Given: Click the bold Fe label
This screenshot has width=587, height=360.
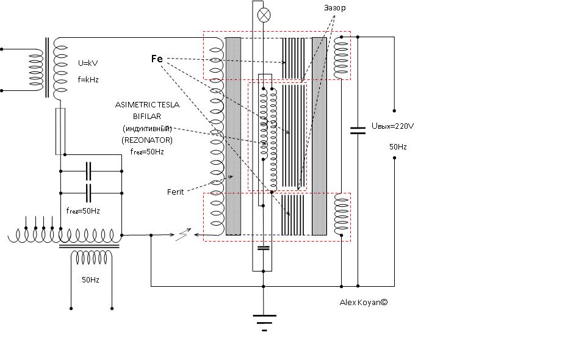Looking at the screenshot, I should pyautogui.click(x=156, y=59).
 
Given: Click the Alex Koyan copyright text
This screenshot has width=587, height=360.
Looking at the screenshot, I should pyautogui.click(x=364, y=302).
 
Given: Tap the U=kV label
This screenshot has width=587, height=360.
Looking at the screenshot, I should pyautogui.click(x=88, y=63).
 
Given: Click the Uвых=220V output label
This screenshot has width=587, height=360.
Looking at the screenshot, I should pyautogui.click(x=392, y=126).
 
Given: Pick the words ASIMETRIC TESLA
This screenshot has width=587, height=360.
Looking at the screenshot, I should pyautogui.click(x=147, y=105).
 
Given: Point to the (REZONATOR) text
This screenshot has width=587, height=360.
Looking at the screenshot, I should pyautogui.click(x=147, y=140).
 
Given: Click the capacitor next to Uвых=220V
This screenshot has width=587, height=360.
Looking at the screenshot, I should pyautogui.click(x=358, y=129).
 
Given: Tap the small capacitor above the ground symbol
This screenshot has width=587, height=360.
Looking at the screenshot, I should pyautogui.click(x=264, y=248).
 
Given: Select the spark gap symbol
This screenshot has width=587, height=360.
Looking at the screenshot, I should pyautogui.click(x=183, y=235).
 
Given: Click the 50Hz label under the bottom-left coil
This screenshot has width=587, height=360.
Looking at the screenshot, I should pyautogui.click(x=90, y=279).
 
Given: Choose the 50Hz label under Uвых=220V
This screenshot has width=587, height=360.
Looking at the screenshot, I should pyautogui.click(x=398, y=147).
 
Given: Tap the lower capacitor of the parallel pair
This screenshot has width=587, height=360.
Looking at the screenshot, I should pyautogui.click(x=89, y=193).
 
